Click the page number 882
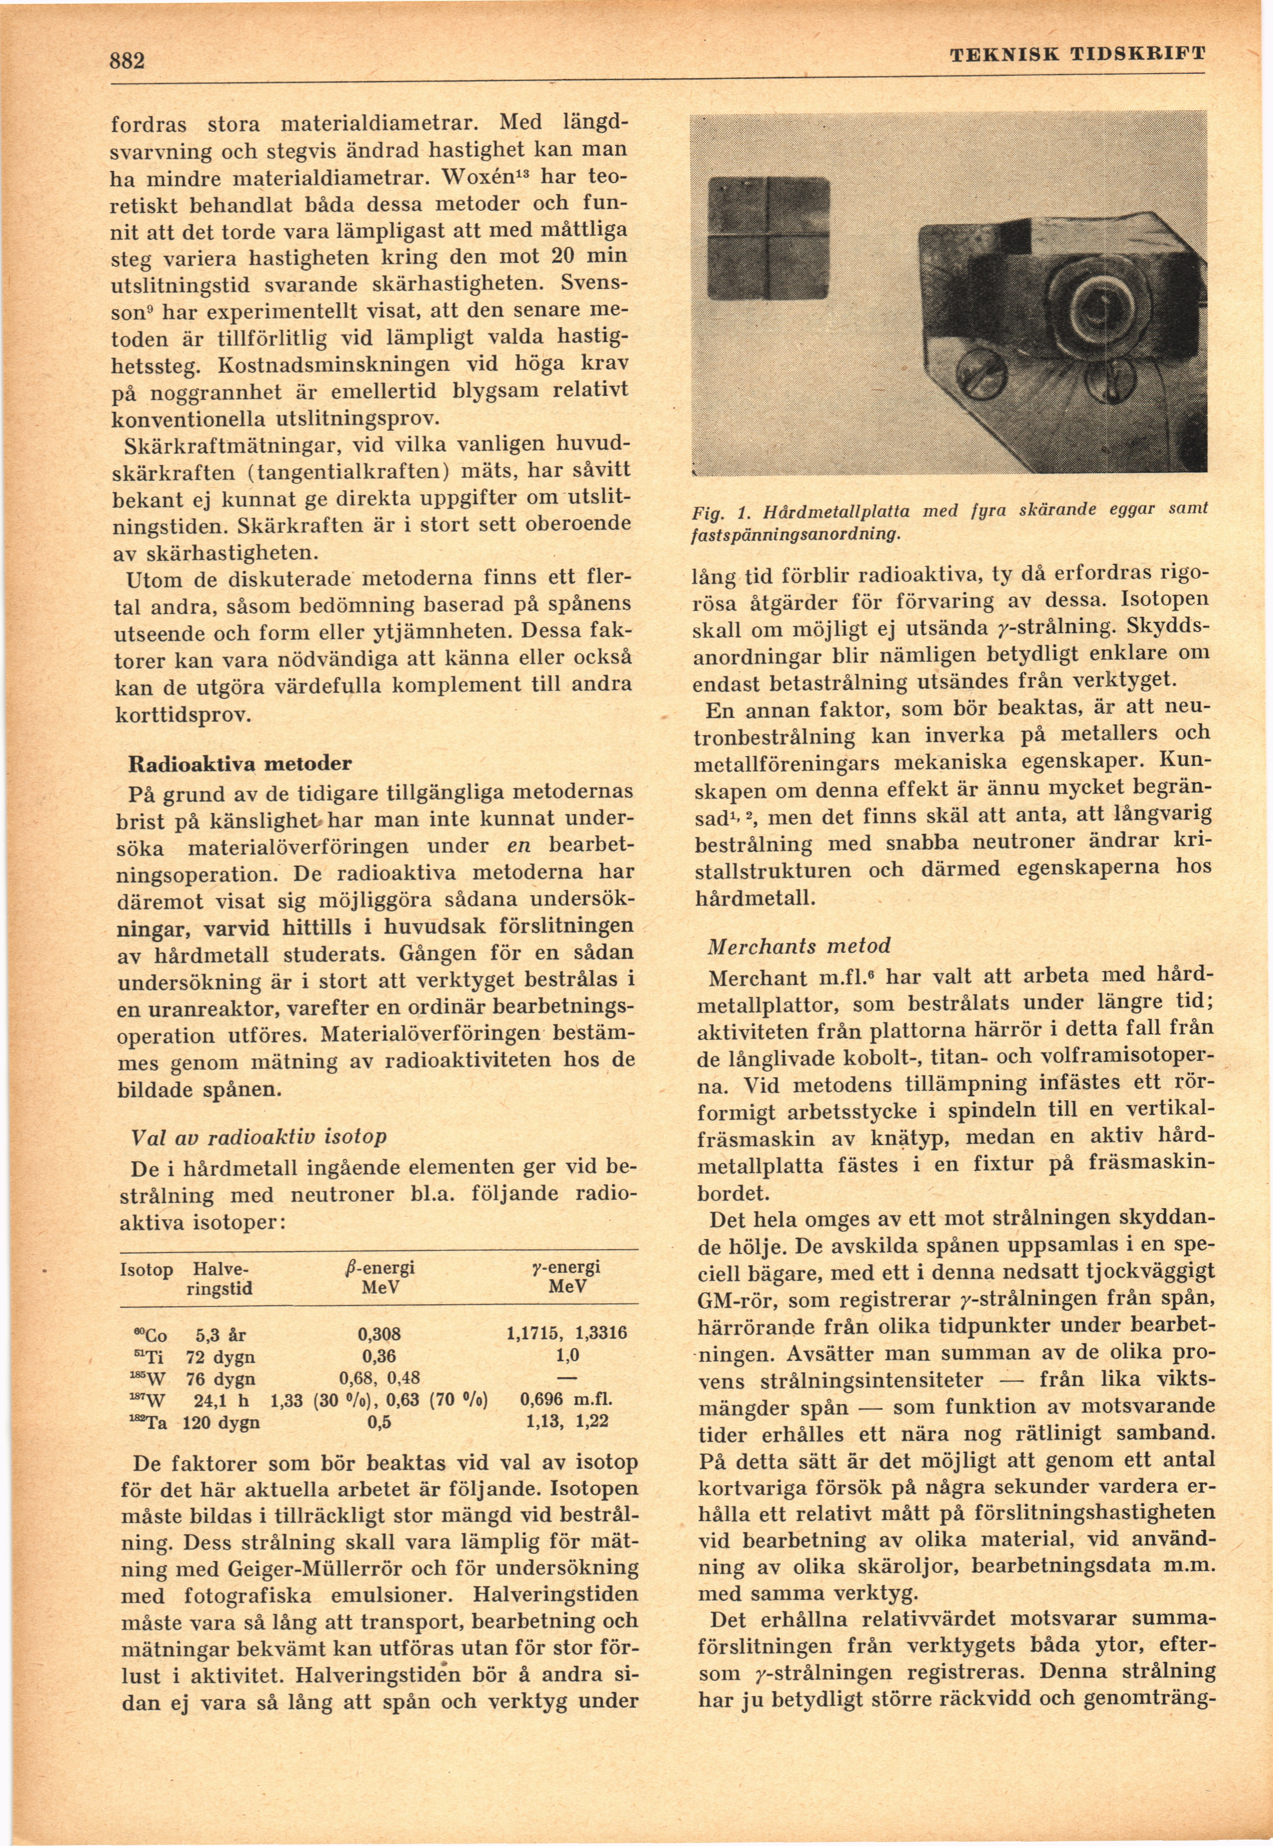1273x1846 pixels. click(x=128, y=61)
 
